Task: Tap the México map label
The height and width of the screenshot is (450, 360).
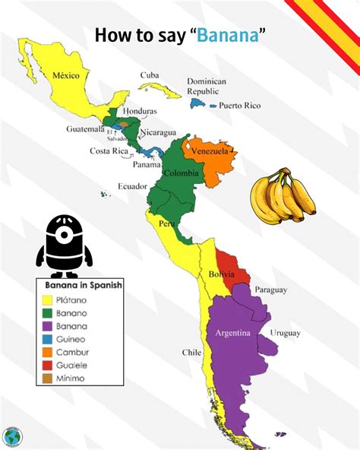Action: (67, 75)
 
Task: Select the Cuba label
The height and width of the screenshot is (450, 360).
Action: (149, 74)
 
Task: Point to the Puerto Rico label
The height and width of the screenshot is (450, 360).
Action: (239, 106)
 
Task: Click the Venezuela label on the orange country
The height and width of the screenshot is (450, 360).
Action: (210, 151)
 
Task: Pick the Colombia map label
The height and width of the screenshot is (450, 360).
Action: (182, 173)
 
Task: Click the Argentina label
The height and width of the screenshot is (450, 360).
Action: (233, 334)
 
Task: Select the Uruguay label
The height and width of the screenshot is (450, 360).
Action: (285, 333)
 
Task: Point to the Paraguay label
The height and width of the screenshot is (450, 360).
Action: (271, 290)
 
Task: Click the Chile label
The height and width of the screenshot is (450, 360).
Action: (191, 352)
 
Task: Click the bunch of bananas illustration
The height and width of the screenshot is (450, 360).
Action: (283, 195)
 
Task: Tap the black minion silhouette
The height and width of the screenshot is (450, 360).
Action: (65, 245)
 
